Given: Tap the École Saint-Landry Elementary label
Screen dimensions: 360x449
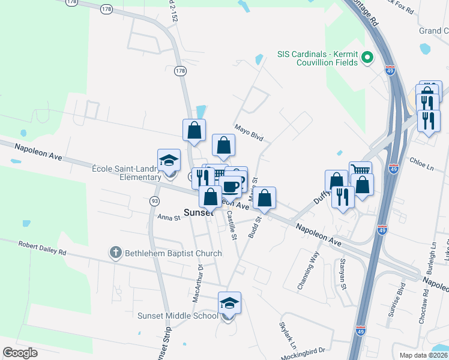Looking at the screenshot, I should coord(126,173).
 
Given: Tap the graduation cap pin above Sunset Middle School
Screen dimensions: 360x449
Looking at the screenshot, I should coord(229,304).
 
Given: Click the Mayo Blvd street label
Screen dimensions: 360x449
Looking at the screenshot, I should coord(249,133).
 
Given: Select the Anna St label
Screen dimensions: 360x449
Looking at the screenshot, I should coord(168,218).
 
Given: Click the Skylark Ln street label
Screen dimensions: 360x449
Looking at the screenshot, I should coord(288,336).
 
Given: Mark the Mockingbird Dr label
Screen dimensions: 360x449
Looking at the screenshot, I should coord(304,351).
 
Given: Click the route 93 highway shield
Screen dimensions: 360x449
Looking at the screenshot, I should coord(154,200).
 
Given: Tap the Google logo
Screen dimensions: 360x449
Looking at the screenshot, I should coord(20,353).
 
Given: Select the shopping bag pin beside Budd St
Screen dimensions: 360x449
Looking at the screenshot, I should coord(265,198).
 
